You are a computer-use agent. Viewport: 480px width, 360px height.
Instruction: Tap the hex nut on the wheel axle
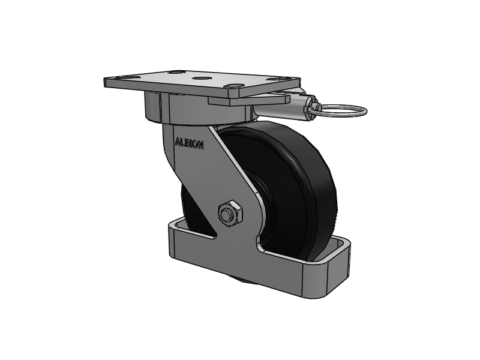point(230,213)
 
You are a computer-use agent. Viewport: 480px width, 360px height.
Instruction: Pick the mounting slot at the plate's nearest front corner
point(235,87)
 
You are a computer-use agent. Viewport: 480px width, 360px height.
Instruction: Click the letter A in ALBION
point(177,143)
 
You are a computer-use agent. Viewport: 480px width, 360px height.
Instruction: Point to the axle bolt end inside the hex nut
point(227,214)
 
